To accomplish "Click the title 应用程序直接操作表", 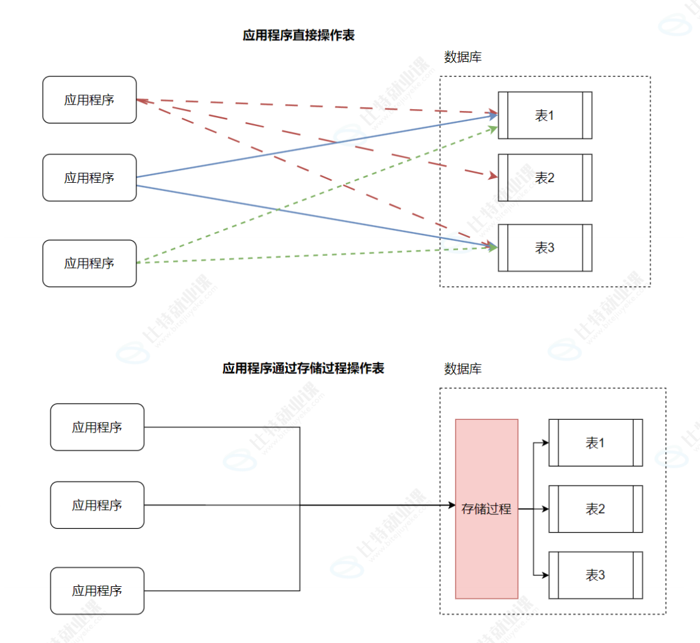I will click(299, 35).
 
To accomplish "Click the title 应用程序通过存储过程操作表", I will click(303, 368).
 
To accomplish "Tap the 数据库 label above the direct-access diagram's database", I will click(462, 57).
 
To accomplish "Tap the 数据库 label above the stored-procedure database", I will click(462, 369).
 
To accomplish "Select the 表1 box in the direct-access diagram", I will click(544, 115).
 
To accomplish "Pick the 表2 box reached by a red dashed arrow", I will click(544, 178).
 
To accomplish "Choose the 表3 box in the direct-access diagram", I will click(544, 248).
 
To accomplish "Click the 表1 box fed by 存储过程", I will click(595, 443).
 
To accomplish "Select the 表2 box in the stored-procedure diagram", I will click(595, 509).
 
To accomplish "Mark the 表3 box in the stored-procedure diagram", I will click(595, 575).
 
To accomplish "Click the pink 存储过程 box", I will click(486, 509).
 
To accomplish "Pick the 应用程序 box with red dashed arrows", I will click(89, 100).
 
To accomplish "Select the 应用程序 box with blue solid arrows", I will click(89, 178).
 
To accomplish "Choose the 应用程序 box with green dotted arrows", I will click(89, 264).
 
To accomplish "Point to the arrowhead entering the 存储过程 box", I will click(451, 506).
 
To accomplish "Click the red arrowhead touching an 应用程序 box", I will click(141, 100).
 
